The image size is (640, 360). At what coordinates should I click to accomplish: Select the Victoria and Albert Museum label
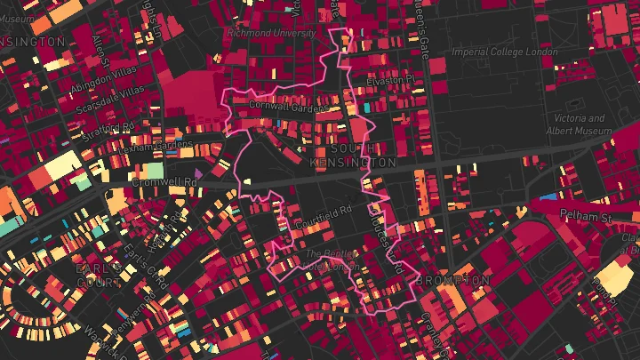580,124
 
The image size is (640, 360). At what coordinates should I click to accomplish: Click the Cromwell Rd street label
164,181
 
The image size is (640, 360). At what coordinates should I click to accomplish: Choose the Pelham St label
588,216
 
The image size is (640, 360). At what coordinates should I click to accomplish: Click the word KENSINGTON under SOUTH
353,164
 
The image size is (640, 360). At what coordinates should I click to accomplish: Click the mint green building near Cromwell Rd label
153,169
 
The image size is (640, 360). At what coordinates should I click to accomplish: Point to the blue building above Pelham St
548,196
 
